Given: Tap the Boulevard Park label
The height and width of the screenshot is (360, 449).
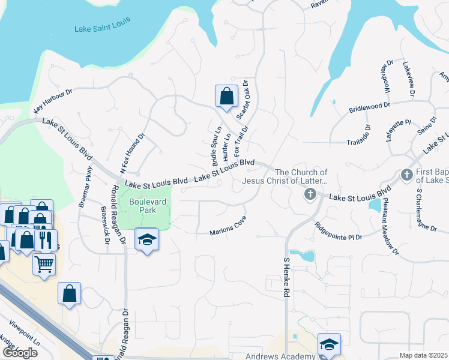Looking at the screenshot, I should coord(142,206).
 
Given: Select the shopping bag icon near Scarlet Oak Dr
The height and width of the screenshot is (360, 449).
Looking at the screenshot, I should coord(226,96).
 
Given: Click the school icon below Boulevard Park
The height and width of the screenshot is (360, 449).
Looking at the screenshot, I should coord(147,239).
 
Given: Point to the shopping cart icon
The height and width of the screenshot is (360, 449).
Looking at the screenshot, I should coord(44,264).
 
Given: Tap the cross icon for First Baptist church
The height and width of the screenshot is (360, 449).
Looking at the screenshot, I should coord(406,175).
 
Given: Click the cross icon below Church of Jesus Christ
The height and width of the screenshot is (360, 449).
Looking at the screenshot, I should coord(310,194).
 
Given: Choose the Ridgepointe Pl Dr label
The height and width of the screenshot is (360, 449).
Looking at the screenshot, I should coord(339,231).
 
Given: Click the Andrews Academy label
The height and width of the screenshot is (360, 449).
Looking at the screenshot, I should coord(288,357).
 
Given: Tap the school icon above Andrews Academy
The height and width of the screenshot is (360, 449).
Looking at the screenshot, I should coord(329,344).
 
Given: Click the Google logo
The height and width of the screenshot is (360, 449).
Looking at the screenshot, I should coord(20,353).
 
